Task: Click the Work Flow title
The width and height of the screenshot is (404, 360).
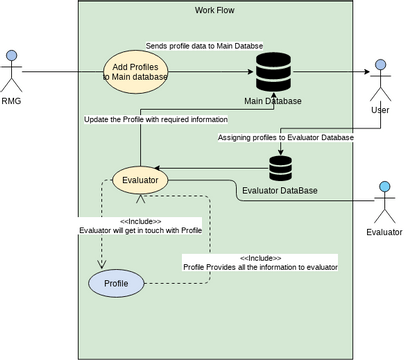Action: [x=215, y=10]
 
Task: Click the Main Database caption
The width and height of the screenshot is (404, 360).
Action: [x=273, y=101]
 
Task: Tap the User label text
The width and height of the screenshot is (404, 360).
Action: [x=380, y=110]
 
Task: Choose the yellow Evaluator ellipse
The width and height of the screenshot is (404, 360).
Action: [x=139, y=181]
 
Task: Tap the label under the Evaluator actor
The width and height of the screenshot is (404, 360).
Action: [x=385, y=232]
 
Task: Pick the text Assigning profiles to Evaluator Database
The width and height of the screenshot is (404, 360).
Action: [x=286, y=138]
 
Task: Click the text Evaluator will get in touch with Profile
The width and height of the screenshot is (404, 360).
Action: [x=141, y=230]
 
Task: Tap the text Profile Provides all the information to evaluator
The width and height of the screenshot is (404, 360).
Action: [x=260, y=267]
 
